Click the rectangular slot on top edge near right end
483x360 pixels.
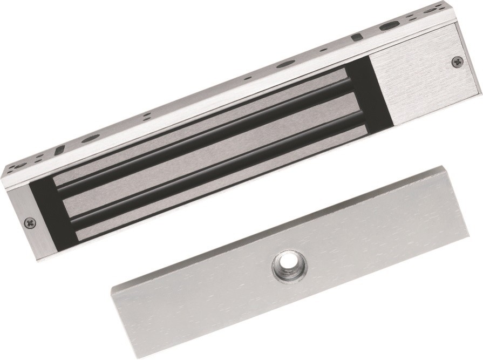coord(356,38)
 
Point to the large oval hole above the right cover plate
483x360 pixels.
coord(387,26)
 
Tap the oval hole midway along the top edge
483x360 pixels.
coord(283,65)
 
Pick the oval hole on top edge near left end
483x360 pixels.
coord(92,138)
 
